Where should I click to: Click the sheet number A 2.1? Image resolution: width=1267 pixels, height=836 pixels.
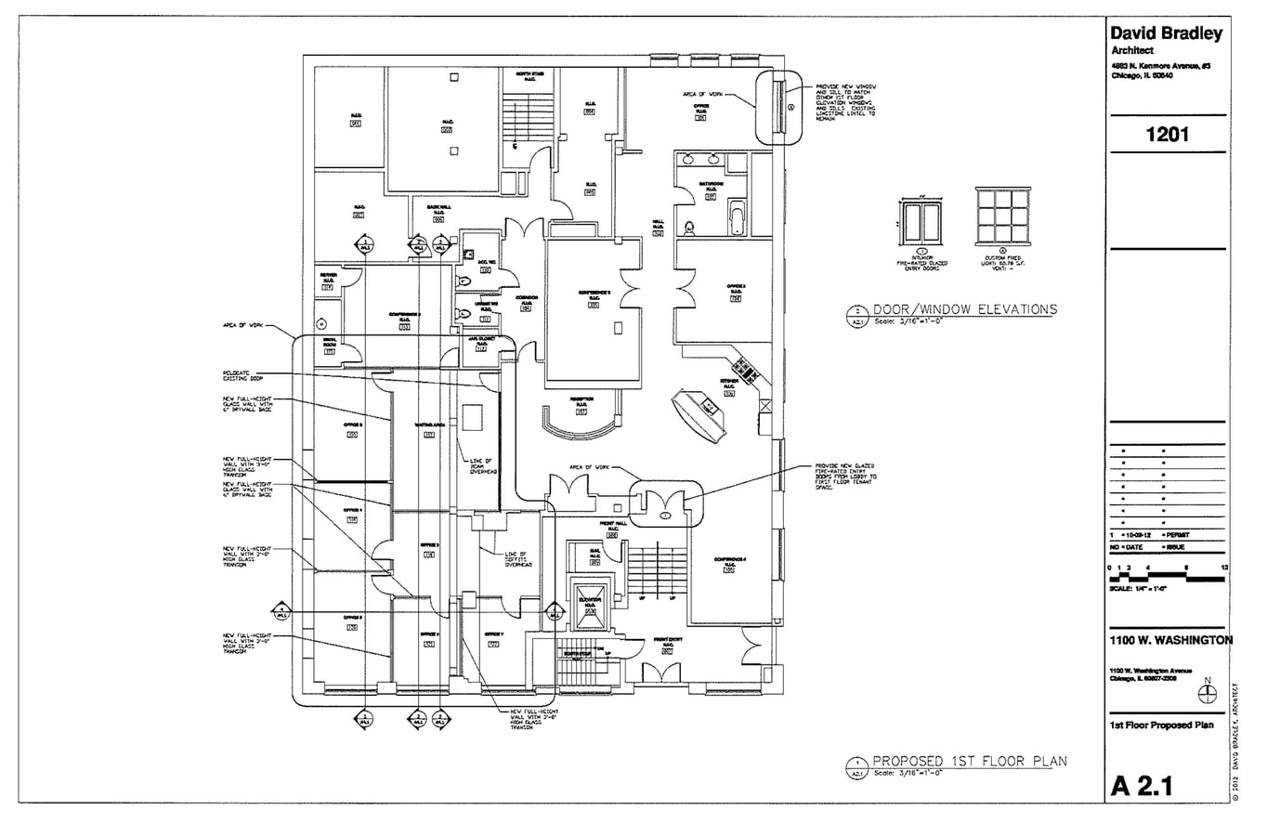[1142, 787]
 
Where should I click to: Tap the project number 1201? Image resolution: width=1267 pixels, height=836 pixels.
[1167, 135]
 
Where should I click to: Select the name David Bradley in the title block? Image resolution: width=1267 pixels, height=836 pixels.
[1167, 34]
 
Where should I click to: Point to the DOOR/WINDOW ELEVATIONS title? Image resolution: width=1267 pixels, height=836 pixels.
[964, 309]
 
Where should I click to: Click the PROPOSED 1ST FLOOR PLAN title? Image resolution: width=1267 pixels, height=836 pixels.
[969, 761]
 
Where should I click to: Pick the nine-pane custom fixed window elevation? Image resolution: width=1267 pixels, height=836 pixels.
[1002, 216]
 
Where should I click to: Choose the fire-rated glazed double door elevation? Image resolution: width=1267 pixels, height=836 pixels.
[921, 221]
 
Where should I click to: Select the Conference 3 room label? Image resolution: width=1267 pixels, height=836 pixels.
[594, 297]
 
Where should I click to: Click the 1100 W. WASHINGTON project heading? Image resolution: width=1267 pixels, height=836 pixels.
[1171, 640]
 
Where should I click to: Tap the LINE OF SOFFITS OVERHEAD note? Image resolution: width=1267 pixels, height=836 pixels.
[517, 558]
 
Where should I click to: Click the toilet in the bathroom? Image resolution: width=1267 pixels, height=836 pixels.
[689, 227]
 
